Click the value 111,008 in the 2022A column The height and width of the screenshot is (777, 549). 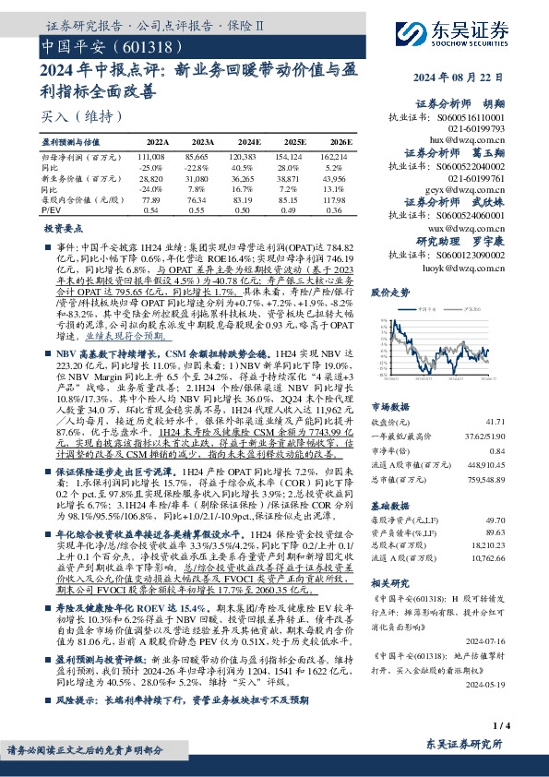click(x=151, y=159)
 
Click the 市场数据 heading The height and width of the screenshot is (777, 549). click(x=389, y=407)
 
